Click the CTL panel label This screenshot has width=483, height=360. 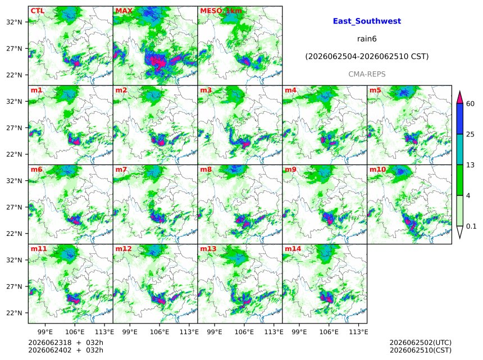[37, 11]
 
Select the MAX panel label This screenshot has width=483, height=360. [124, 11]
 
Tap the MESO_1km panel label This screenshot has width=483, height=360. [221, 11]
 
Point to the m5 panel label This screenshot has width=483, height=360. [375, 90]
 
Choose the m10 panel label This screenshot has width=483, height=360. [377, 169]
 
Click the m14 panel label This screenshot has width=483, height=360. [293, 249]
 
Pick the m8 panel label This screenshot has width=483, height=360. [206, 169]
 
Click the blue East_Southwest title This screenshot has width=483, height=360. [367, 21]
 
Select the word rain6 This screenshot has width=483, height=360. [367, 39]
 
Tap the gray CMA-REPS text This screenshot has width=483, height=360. [367, 74]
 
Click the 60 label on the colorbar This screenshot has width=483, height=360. [470, 103]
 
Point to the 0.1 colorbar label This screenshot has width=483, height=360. [471, 226]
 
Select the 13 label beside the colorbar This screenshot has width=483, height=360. [470, 165]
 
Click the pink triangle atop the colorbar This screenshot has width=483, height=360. [460, 98]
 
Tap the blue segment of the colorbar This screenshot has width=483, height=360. [460, 119]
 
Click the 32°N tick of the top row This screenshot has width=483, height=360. [14, 22]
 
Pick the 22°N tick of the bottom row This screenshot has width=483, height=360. [14, 313]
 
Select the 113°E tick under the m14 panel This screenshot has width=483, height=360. [358, 332]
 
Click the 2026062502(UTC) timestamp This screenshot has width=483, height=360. [421, 343]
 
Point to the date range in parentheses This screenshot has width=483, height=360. [367, 57]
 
